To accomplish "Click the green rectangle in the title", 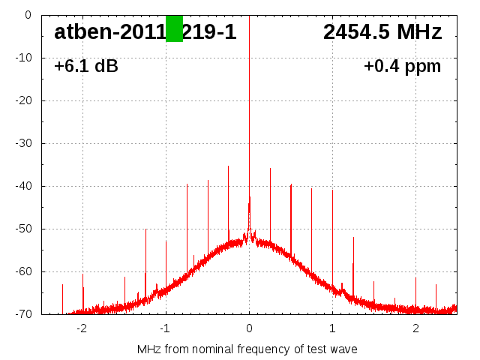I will pos(174,28).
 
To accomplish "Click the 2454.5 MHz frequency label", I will pos(382,32).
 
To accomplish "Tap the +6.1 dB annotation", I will pos(85,67).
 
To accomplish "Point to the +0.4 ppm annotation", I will pos(402,67).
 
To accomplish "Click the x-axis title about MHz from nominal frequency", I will pos(247,349).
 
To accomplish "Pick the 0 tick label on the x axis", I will pos(249,328).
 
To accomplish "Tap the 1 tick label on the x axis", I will pos(332,328).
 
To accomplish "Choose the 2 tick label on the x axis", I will pos(415,328).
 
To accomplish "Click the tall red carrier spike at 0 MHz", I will pos(249,112).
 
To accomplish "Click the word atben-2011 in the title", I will pos(109,32).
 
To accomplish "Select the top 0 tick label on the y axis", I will pos(27,15).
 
